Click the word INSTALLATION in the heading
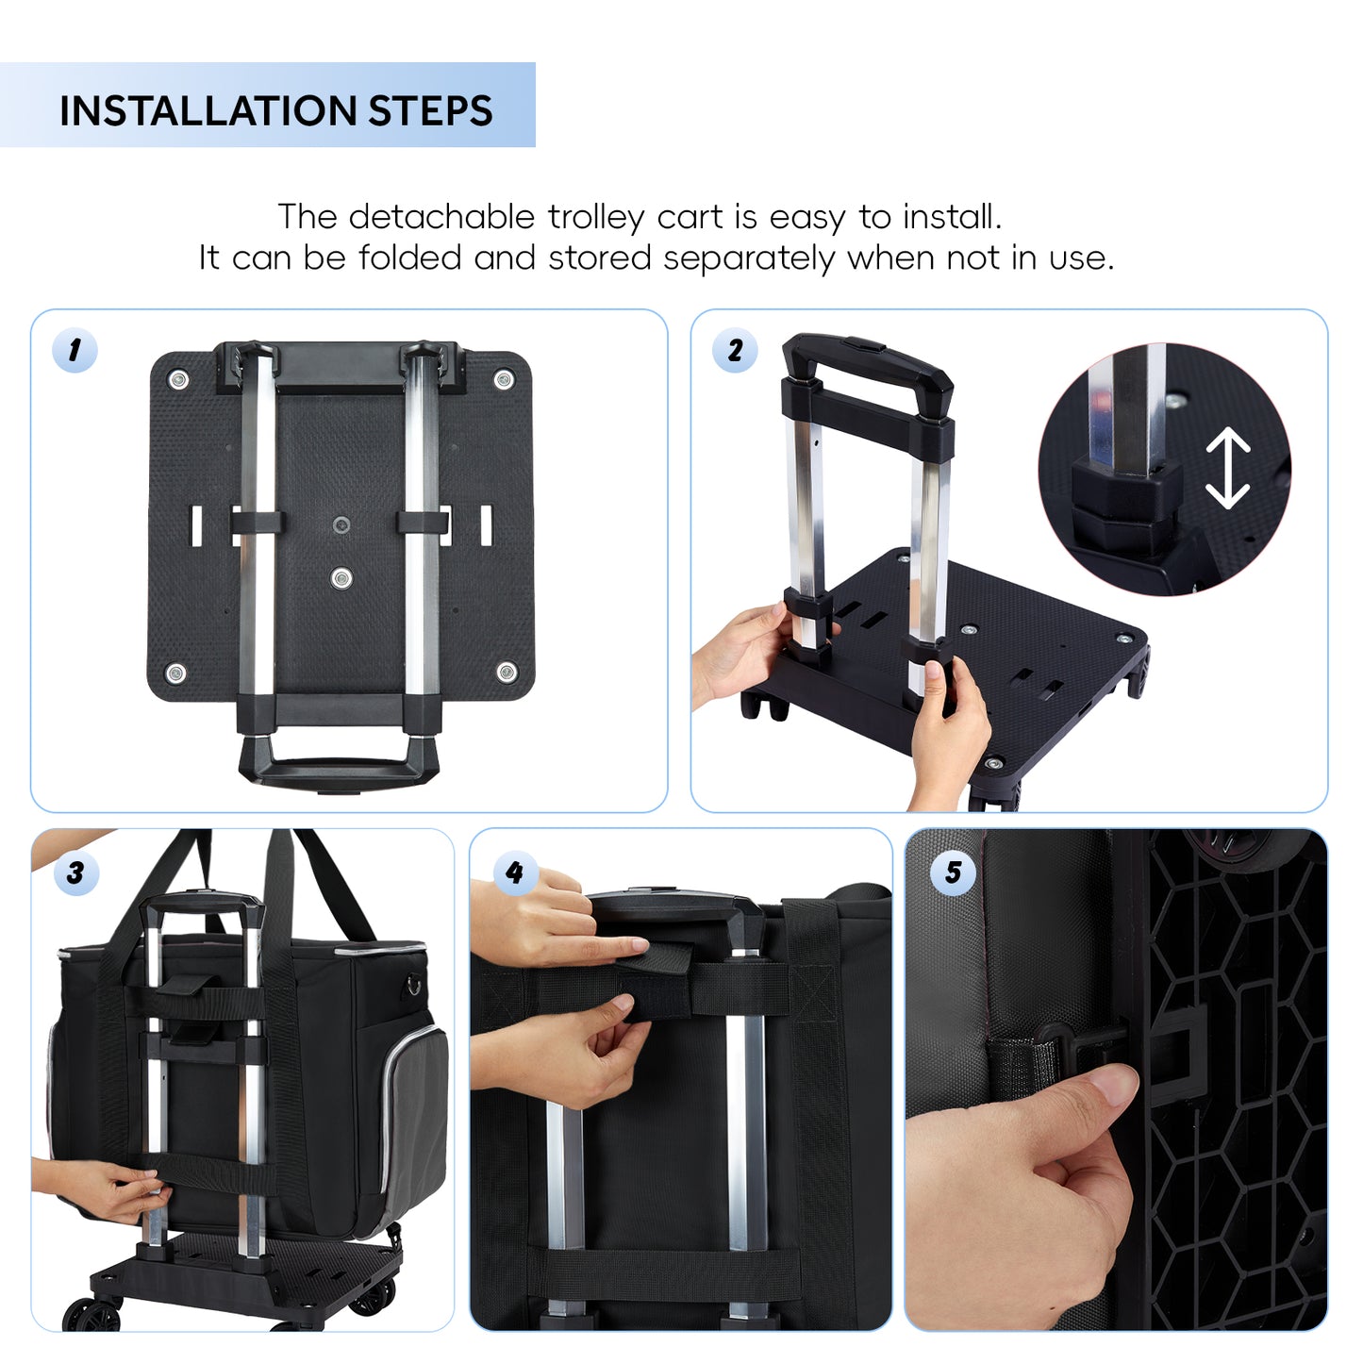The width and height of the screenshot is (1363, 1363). (208, 111)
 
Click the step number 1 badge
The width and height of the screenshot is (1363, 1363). (75, 350)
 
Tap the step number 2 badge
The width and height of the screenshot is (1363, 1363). (735, 350)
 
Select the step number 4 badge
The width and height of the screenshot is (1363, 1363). (516, 873)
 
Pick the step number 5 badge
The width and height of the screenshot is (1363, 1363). (953, 873)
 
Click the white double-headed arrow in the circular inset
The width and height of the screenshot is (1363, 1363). (1228, 468)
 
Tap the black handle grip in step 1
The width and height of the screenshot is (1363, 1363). (339, 767)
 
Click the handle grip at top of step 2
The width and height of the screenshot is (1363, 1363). (867, 359)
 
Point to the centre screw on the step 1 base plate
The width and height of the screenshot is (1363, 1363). (341, 577)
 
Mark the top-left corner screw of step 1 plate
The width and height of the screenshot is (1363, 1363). (177, 380)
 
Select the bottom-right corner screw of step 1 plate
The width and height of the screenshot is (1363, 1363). (507, 672)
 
